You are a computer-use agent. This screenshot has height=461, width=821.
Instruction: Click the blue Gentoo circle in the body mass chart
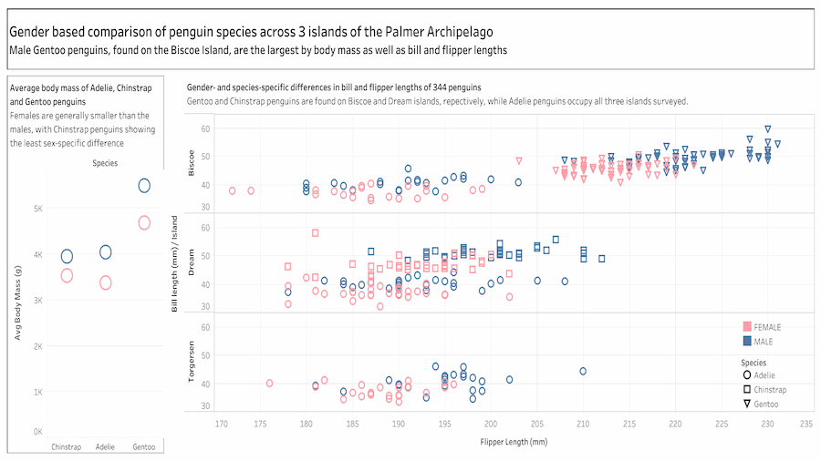click(x=144, y=186)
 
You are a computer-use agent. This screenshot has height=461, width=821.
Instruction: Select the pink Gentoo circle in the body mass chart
click(x=144, y=222)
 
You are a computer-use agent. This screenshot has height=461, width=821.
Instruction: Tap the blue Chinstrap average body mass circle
click(x=67, y=256)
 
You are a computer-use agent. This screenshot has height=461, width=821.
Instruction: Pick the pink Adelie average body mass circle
click(x=105, y=282)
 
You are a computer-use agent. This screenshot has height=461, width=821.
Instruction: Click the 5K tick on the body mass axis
click(x=38, y=209)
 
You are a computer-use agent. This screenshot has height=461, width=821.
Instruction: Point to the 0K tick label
click(x=38, y=431)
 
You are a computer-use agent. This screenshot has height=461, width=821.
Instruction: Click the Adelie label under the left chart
click(x=105, y=446)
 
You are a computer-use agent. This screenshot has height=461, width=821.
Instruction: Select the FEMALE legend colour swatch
click(x=747, y=327)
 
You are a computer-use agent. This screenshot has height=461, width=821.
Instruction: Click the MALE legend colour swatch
click(x=747, y=341)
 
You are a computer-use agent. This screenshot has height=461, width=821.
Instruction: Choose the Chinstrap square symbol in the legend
click(x=747, y=389)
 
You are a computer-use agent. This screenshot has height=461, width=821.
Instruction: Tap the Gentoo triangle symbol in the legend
click(x=747, y=403)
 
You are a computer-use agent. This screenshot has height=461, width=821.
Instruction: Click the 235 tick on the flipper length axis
click(x=805, y=424)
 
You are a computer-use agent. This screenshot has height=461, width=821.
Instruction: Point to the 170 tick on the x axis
click(x=222, y=424)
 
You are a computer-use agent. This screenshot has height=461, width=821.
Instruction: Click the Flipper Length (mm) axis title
click(x=514, y=441)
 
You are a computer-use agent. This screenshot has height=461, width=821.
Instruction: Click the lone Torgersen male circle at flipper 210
click(x=583, y=371)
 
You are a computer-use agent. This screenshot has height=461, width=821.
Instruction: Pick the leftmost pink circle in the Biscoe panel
click(x=232, y=190)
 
